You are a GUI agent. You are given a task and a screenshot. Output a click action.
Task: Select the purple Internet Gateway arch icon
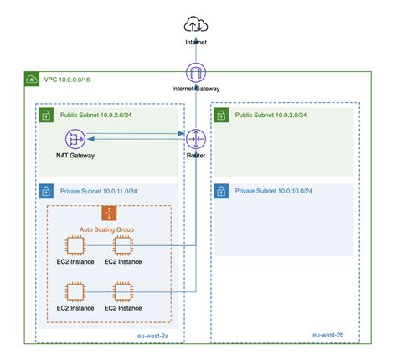coord(196,72)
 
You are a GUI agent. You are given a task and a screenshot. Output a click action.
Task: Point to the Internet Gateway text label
coord(196,88)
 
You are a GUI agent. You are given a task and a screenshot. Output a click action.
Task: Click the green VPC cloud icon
coord(31,80)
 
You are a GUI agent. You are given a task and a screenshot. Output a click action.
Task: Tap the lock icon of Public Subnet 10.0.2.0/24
coord(47,116)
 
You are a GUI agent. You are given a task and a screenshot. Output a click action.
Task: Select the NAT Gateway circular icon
coord(76,138)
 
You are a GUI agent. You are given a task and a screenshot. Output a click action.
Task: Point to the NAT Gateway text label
coord(76,156)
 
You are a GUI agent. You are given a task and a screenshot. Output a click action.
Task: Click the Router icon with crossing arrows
coord(196,138)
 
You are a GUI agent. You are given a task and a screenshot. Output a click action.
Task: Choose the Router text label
coord(196,156)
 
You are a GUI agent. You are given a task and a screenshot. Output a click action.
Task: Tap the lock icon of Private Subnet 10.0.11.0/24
coord(47,192)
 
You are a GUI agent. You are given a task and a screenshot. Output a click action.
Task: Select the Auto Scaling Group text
coord(108,229)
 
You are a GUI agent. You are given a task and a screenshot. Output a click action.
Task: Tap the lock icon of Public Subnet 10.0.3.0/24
coord(221,116)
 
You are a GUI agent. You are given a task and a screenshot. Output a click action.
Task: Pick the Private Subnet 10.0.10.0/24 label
coord(274,192)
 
